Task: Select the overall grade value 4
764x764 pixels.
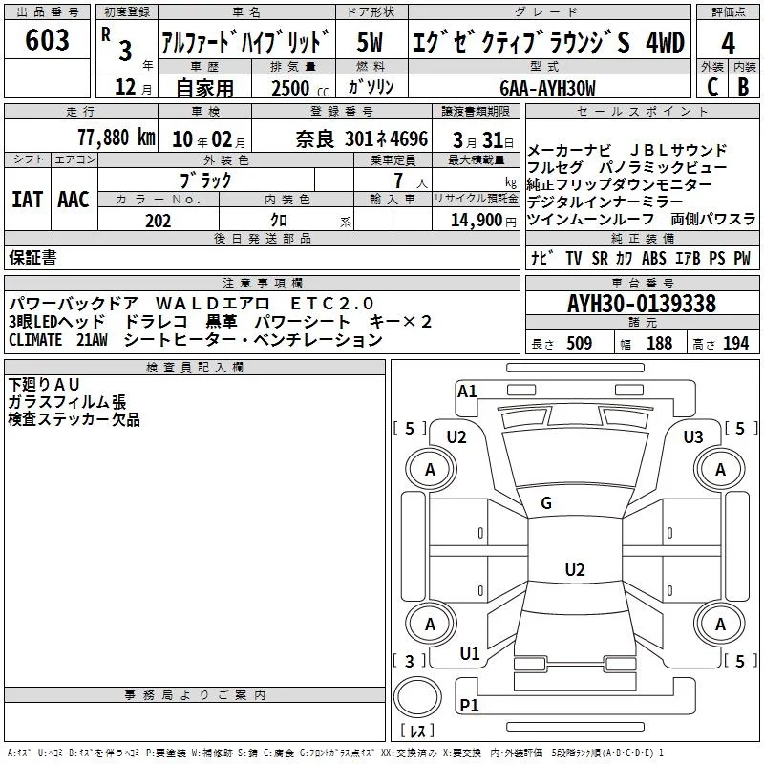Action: click(728, 43)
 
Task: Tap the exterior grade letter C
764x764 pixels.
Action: click(711, 86)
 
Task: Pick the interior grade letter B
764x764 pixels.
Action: click(743, 86)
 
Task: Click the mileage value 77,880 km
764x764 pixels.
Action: click(116, 137)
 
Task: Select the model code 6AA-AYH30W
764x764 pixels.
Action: click(547, 88)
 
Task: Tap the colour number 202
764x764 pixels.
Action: click(158, 221)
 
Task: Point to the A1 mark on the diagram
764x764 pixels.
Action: click(467, 391)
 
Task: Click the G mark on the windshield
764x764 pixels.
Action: click(546, 503)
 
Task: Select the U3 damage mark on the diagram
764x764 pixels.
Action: click(693, 437)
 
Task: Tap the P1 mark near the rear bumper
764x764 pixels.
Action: click(469, 706)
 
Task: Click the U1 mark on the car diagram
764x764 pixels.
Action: click(469, 654)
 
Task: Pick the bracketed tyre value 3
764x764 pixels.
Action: click(410, 661)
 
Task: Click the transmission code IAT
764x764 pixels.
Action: click(27, 200)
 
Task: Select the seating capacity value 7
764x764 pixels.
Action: click(395, 180)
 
